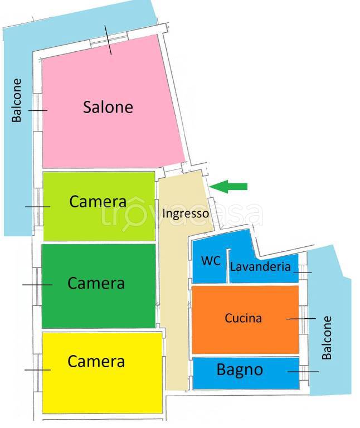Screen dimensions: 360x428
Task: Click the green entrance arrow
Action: (x=229, y=187)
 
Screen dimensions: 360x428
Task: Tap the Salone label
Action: (x=108, y=107)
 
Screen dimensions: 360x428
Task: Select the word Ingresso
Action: (x=186, y=213)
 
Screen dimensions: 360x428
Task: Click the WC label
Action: (x=211, y=261)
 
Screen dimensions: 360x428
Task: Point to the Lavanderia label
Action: (x=260, y=267)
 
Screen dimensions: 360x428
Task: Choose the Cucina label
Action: (x=243, y=318)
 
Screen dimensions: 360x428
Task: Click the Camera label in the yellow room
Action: (x=96, y=361)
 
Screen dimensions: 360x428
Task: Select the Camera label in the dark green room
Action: (x=96, y=283)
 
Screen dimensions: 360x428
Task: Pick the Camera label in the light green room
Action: (x=98, y=201)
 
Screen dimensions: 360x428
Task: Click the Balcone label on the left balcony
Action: (x=17, y=100)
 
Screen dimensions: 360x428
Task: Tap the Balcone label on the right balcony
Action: (x=327, y=337)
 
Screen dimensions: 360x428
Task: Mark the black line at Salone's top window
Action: (x=108, y=40)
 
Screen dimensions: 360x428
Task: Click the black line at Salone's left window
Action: (x=38, y=110)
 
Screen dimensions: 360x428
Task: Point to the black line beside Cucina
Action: (x=301, y=319)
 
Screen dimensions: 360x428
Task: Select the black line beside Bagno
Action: (x=303, y=372)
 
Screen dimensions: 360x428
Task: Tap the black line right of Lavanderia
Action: (x=304, y=273)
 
